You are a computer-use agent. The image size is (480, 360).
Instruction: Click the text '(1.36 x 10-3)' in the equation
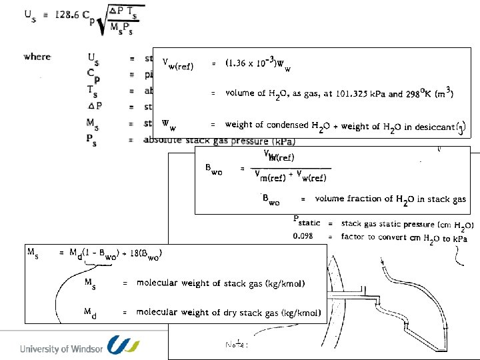click(x=249, y=63)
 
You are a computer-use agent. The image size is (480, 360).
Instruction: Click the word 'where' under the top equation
click(x=37, y=57)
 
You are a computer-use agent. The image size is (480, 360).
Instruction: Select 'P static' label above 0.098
click(x=307, y=222)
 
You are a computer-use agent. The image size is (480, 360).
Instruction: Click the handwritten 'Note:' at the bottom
click(x=237, y=345)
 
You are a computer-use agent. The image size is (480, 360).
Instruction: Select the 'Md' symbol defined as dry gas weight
click(x=90, y=312)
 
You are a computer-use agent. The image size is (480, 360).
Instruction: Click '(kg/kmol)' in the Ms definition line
click(x=284, y=283)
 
